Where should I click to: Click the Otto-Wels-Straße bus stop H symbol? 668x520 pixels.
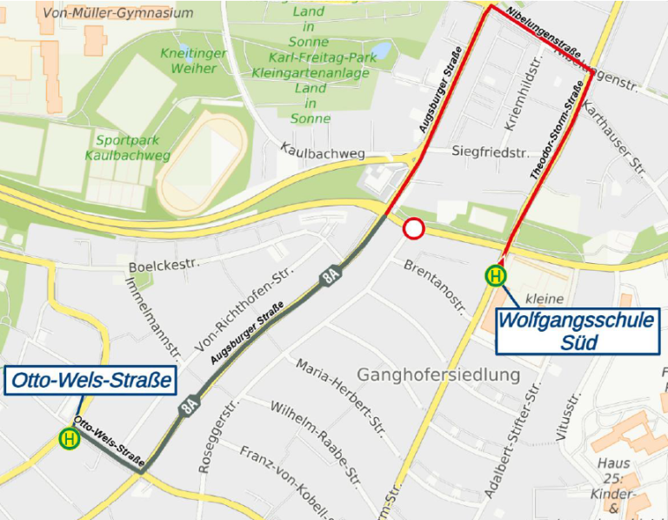[x=69, y=439]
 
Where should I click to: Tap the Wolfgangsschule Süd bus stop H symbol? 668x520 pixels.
[x=496, y=277]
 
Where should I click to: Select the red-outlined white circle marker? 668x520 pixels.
[x=413, y=229]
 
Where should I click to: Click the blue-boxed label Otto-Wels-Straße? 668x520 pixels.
[x=89, y=381]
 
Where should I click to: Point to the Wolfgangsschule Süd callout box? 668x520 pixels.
[x=575, y=331]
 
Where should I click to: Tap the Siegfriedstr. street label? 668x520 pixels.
[x=491, y=152]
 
